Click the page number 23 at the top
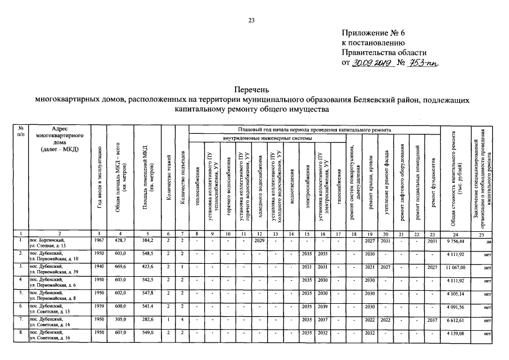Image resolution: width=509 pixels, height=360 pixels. pos(252,21)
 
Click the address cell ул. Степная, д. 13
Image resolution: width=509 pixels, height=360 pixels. pos(51,246)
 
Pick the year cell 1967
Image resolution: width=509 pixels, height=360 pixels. pos(99,241)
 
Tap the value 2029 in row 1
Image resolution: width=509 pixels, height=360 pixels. pos(259,241)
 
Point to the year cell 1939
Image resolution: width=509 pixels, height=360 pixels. pos(99,305)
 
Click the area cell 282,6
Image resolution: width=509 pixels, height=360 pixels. pos(146,318)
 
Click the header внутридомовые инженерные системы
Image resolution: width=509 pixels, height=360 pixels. pos(265,138)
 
